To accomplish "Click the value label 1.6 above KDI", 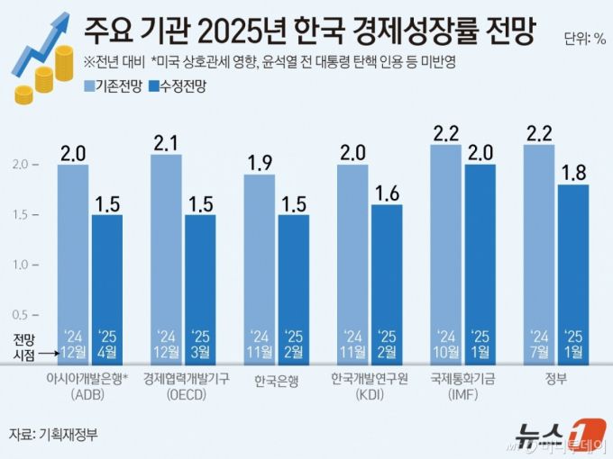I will tap(387, 193).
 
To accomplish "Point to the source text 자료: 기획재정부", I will tap(53, 433).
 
